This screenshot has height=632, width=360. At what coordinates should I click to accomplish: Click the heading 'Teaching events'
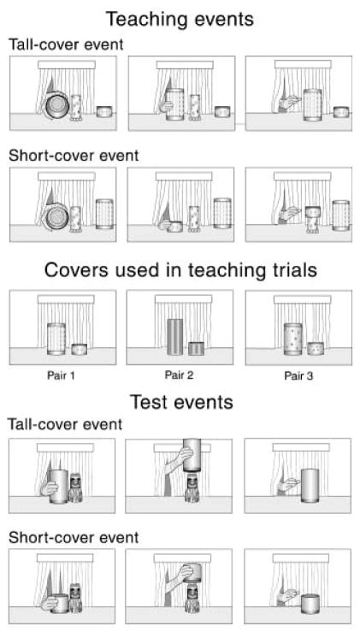click(x=180, y=20)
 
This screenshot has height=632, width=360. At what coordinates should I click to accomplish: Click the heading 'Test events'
click(x=181, y=402)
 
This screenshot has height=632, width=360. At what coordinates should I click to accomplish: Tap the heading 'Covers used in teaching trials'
click(x=180, y=270)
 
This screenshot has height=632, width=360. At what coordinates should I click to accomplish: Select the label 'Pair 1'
click(x=61, y=376)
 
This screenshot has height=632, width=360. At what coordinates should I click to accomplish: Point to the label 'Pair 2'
click(x=179, y=375)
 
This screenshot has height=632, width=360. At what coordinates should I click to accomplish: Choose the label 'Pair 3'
click(x=298, y=376)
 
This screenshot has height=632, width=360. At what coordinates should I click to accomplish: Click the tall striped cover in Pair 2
click(x=175, y=337)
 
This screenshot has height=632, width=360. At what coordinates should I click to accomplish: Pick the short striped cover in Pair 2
click(x=197, y=348)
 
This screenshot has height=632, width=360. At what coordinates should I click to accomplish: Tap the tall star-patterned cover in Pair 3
click(x=293, y=339)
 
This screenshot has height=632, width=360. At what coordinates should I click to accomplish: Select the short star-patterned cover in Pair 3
click(x=316, y=348)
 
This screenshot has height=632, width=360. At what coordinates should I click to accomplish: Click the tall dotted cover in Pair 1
click(x=56, y=339)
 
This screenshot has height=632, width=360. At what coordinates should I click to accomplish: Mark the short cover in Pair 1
click(x=80, y=349)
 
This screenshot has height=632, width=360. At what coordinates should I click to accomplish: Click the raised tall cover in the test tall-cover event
click(x=192, y=455)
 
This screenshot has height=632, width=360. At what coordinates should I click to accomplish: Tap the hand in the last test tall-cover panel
click(x=289, y=485)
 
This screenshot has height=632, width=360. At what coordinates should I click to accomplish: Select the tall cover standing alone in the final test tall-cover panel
click(x=310, y=485)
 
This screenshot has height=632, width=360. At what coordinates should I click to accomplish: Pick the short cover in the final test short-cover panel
click(x=310, y=604)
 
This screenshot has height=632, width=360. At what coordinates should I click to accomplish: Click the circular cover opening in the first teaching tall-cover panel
click(x=56, y=105)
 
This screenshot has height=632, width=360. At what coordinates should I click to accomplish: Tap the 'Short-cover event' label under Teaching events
click(x=74, y=156)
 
